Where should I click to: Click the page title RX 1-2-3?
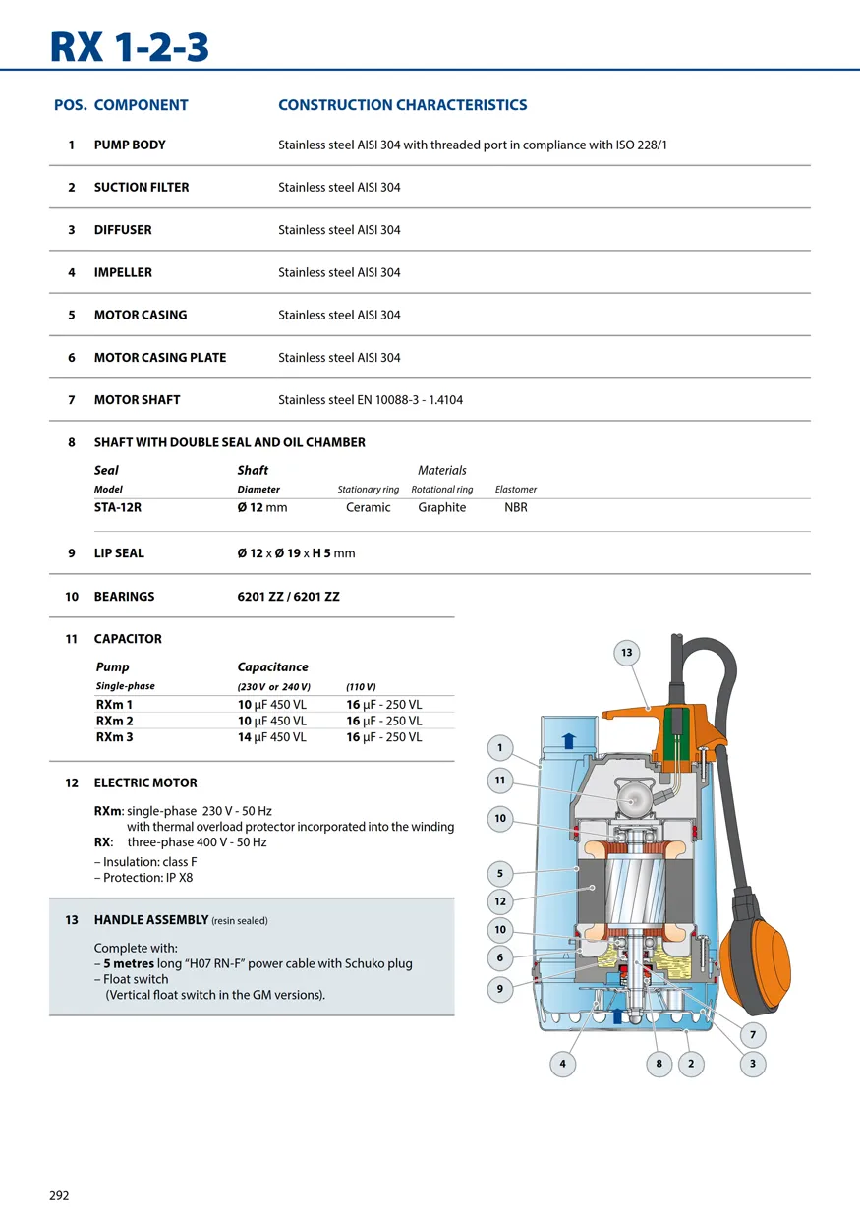129,45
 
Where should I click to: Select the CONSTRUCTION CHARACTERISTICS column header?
402,105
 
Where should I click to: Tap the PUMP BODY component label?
130,145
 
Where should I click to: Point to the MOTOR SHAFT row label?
137,400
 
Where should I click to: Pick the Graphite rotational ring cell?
441,507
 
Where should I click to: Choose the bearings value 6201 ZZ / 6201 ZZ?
288,597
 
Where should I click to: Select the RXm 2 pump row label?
114,722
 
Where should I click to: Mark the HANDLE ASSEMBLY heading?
151,920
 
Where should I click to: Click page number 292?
59,1196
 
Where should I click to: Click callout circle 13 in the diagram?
626,653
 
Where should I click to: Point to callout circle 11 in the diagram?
500,781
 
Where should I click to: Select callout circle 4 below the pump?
562,1063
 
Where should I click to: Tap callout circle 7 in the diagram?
753,1034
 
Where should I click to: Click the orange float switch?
756,953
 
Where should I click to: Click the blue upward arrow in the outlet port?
568,740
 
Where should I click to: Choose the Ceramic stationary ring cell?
368,507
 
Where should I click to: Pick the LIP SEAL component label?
119,553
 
